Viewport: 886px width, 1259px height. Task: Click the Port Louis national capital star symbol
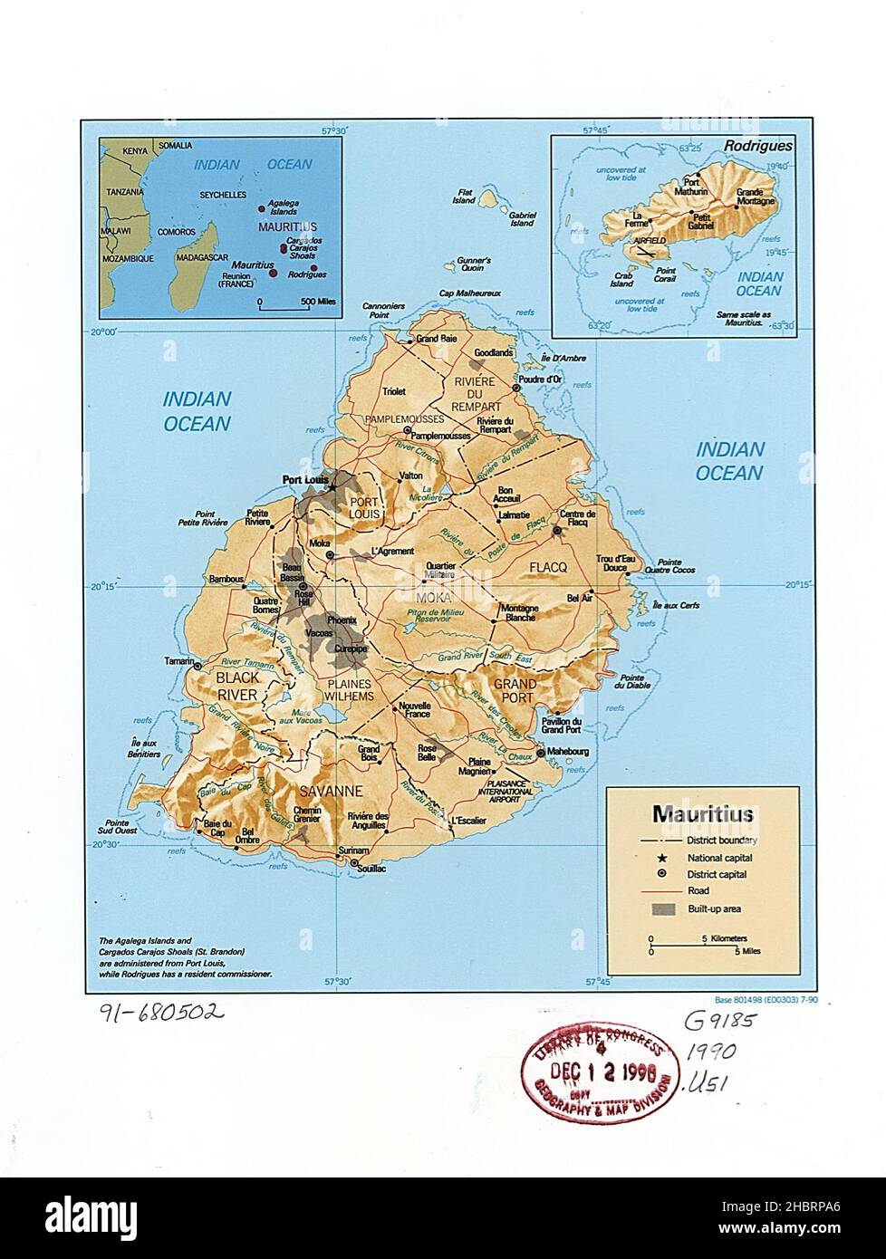[x=332, y=486]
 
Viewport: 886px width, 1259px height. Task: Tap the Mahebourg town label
[x=567, y=752]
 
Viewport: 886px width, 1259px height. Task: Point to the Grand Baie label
[x=436, y=339]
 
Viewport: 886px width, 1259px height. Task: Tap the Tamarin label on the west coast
[x=178, y=660]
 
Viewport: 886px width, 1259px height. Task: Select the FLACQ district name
[x=548, y=567]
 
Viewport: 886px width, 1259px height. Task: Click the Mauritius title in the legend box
[x=703, y=814]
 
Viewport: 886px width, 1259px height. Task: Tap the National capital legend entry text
[x=719, y=858]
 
